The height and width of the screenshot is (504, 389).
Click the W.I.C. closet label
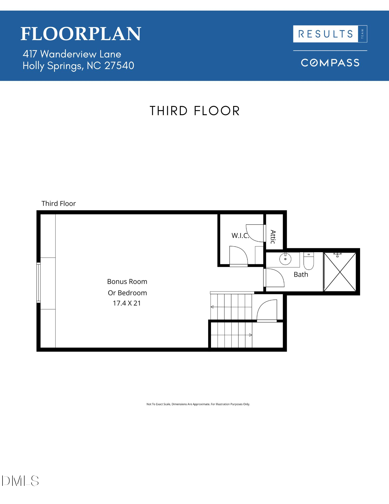240,236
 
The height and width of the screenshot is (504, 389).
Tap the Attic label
273,237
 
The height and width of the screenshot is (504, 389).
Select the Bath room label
301,274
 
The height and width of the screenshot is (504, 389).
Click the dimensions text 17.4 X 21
127,303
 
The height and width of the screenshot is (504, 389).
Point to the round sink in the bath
285,259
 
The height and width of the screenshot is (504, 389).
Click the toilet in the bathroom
309,261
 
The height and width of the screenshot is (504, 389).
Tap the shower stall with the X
340,272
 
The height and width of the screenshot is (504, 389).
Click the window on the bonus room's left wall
39,282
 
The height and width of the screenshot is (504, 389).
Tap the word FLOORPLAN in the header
81,34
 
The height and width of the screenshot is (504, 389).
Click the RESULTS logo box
330,34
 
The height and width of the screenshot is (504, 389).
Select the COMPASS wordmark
330,63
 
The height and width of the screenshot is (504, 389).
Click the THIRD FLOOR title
195,111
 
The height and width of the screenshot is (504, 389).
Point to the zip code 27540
119,66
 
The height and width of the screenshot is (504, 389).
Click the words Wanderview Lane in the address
81,54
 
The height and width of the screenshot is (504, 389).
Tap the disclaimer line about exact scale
198,404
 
